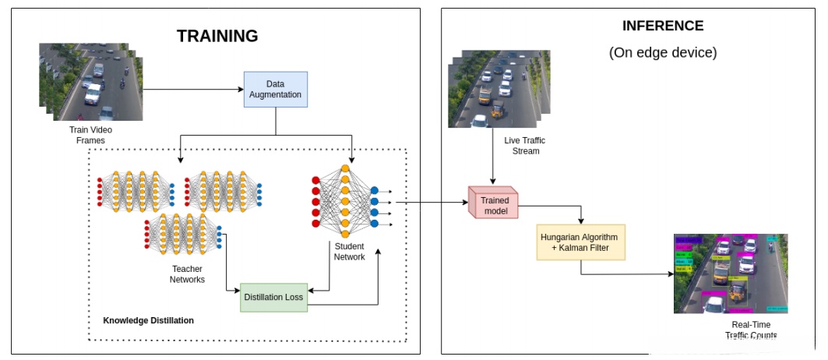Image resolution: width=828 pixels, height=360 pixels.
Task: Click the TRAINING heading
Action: tap(217, 36)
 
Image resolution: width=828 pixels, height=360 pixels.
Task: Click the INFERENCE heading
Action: tap(662, 26)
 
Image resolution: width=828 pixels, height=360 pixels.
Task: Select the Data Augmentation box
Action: tap(276, 89)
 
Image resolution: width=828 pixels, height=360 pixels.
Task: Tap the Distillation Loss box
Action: tap(273, 297)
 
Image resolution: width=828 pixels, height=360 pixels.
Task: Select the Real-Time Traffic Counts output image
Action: tap(731, 274)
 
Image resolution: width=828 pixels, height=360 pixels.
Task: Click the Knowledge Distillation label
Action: tap(148, 320)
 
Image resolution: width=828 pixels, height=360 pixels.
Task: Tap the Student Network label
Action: tap(349, 252)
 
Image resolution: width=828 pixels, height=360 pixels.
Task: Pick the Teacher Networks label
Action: tap(188, 274)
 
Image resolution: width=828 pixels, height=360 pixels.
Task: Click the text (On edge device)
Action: tap(662, 53)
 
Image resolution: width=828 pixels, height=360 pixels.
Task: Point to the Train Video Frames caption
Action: tap(86, 135)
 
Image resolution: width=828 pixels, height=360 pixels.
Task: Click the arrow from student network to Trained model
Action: tap(432, 203)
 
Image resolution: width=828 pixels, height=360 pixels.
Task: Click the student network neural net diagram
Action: tap(346, 200)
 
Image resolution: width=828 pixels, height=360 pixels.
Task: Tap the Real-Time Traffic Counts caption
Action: tap(751, 330)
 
